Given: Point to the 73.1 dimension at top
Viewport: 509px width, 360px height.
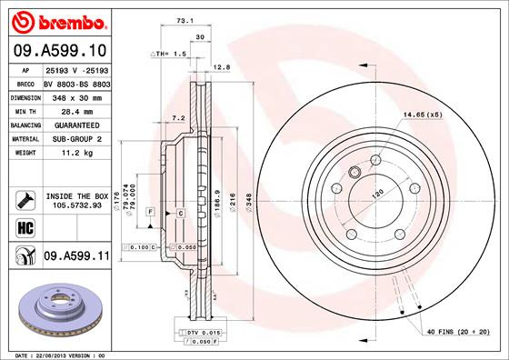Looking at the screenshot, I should [185, 19].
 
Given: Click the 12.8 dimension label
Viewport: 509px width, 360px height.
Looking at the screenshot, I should [220, 67].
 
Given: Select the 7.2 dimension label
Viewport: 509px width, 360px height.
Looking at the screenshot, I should [178, 118].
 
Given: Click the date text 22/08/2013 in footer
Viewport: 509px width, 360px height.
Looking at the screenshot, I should [56, 354].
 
